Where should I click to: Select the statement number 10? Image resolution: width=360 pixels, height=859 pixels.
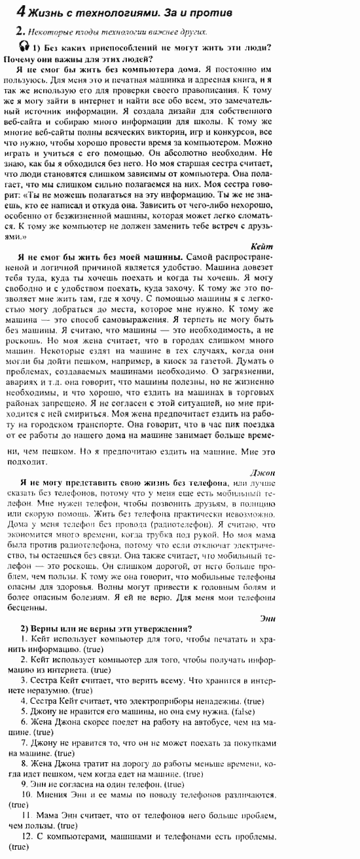click(x=27, y=794)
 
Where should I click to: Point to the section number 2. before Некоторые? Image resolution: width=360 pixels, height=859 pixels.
click(x=21, y=31)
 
